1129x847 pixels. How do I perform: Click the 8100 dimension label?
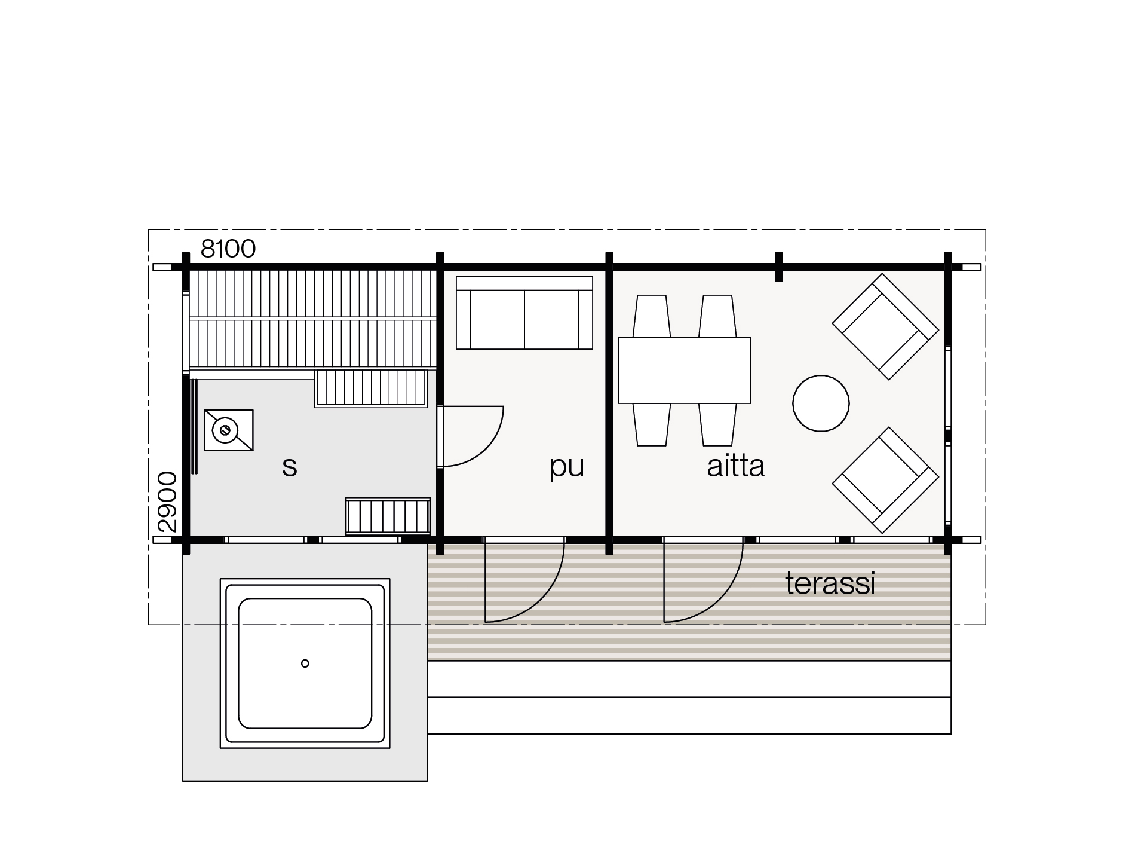point(228,249)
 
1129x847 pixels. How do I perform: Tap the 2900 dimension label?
point(168,502)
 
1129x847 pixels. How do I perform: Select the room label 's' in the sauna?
point(290,467)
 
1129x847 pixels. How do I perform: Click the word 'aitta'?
point(735,466)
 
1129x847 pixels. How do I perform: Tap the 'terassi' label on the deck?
point(830,583)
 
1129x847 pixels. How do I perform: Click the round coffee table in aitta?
point(821,403)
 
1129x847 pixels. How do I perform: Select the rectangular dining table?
point(685,370)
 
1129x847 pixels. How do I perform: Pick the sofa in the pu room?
point(524,313)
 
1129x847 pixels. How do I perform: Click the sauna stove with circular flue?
point(229,430)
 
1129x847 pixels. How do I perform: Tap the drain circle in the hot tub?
point(305,663)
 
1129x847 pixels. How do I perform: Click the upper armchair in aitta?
point(885,326)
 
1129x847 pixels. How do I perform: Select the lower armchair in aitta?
point(885,480)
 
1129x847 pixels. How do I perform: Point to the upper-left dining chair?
point(651,316)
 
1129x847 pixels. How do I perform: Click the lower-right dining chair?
point(717,424)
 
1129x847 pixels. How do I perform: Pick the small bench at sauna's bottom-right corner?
point(388,516)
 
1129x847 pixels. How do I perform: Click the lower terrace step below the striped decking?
point(689,715)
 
